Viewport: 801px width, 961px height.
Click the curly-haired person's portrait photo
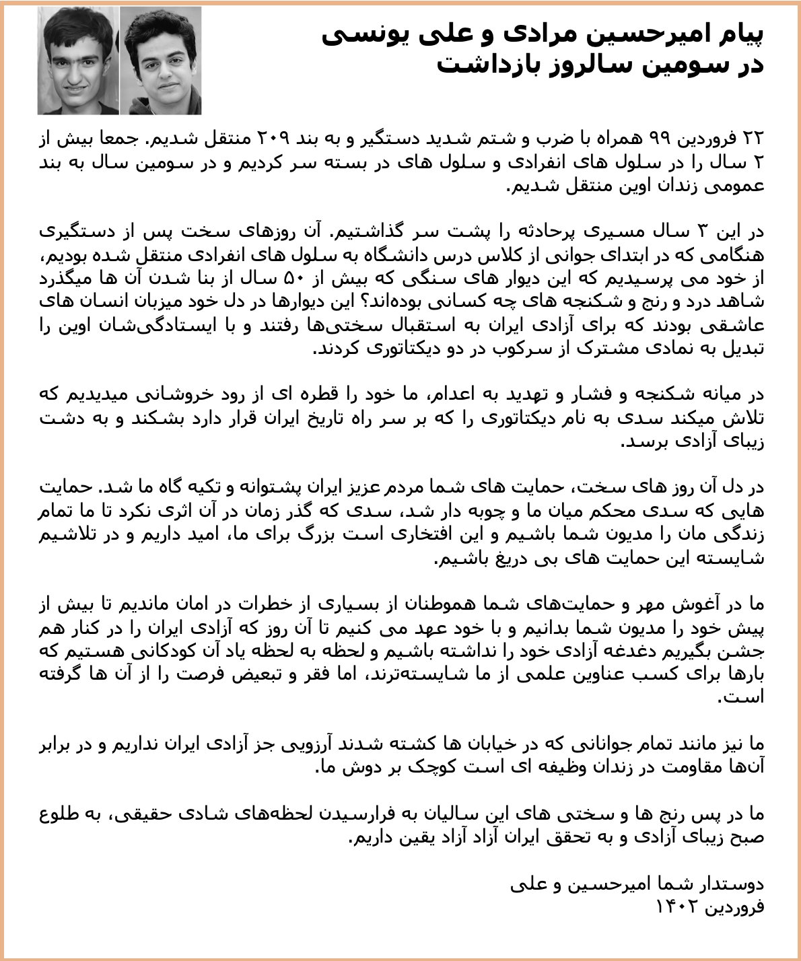click(x=161, y=61)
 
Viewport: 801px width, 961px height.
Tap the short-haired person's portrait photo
click(x=78, y=61)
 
